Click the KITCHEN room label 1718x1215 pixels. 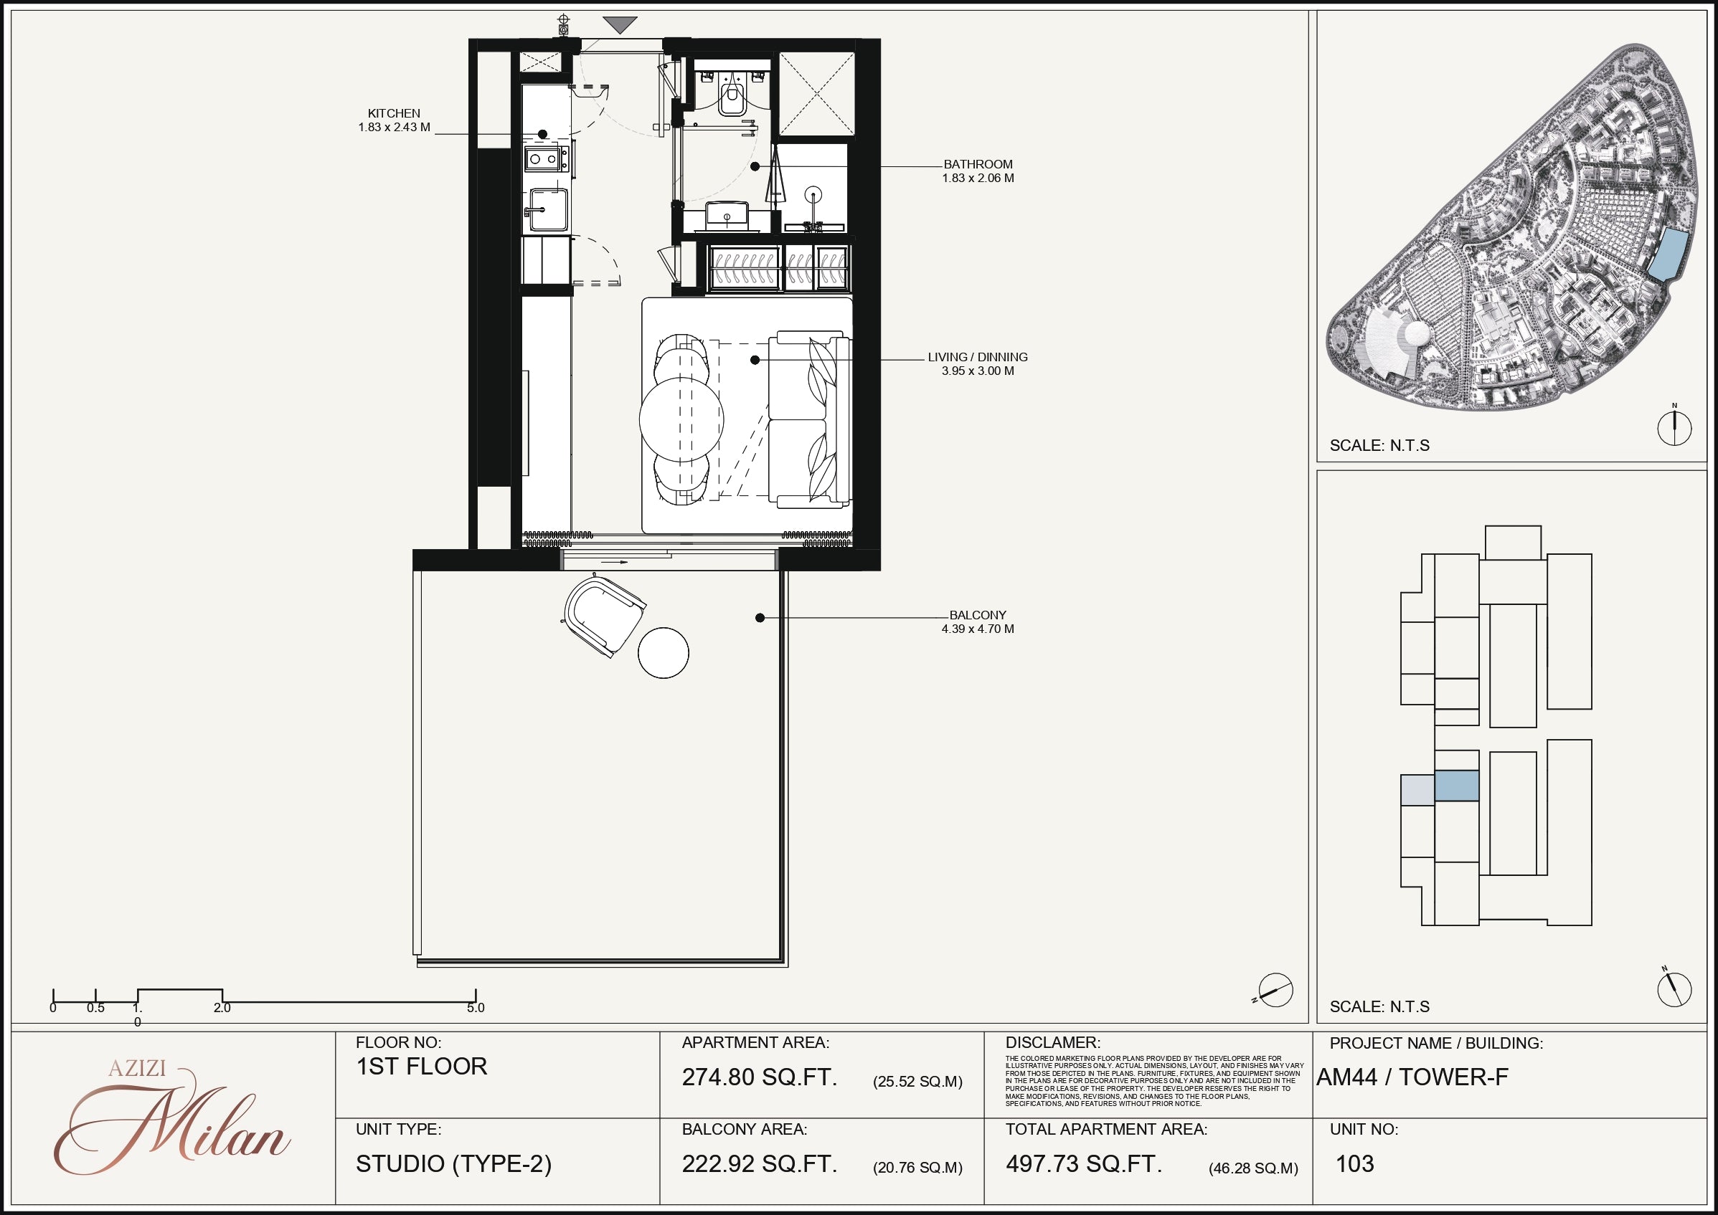394,114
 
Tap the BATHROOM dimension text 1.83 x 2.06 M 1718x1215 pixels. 978,178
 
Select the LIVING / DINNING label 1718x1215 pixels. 978,357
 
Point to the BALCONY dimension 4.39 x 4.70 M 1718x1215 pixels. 978,629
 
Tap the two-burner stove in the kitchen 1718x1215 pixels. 545,158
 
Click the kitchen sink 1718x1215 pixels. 546,210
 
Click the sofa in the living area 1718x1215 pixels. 810,420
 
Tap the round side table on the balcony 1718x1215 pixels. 664,652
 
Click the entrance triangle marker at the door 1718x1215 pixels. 620,25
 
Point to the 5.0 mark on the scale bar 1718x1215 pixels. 476,1008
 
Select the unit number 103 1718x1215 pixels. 1355,1164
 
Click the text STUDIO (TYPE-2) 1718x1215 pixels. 453,1164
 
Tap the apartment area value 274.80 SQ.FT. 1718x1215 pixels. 760,1077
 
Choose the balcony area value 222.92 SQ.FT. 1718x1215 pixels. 760,1164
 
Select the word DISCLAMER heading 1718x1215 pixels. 1052,1043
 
